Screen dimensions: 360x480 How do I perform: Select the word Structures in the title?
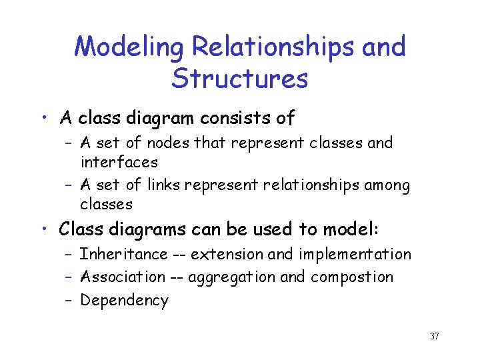[239, 79]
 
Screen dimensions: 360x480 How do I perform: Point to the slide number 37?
[435, 336]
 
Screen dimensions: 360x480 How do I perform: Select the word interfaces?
[119, 162]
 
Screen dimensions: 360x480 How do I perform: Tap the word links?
[163, 185]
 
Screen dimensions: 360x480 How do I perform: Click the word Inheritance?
[124, 254]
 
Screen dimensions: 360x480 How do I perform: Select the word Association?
[123, 277]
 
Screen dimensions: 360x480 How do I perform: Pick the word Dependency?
[125, 301]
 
